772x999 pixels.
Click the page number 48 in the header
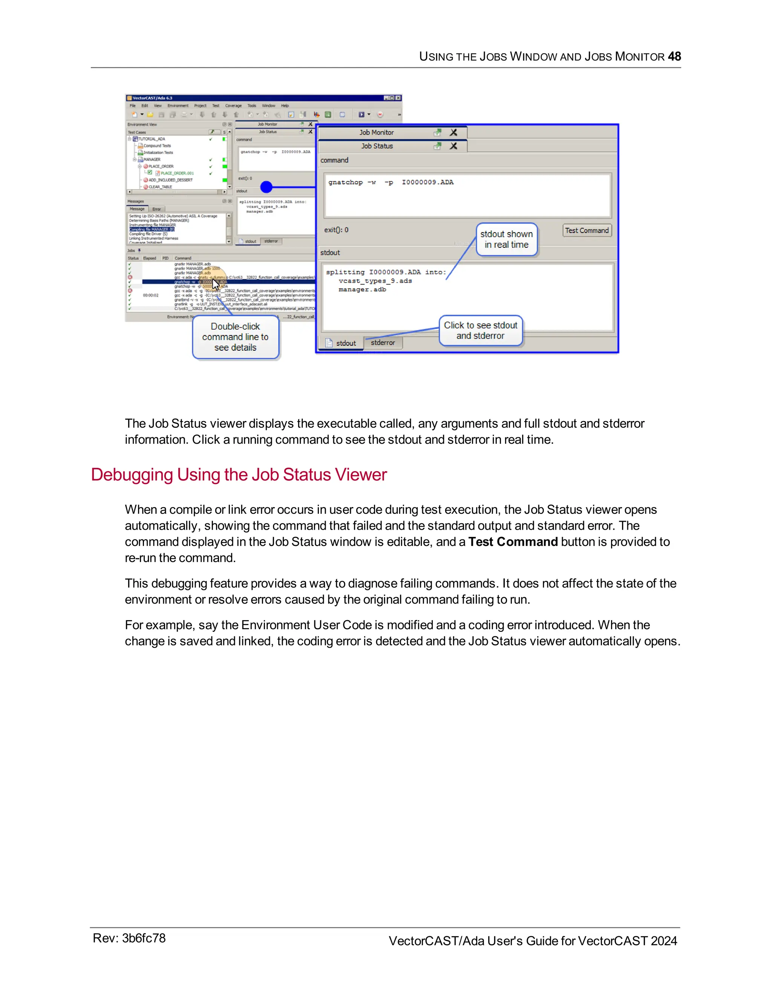674,56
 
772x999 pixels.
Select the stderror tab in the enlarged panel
383,343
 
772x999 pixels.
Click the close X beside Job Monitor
453,132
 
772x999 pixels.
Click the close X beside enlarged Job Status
453,146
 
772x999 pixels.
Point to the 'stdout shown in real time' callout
506,239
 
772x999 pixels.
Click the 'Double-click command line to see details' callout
235,337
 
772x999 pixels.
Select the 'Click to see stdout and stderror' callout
480,330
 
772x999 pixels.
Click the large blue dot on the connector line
266,187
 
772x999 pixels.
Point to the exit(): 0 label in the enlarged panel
336,230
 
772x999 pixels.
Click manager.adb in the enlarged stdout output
362,290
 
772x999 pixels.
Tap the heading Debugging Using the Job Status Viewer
239,475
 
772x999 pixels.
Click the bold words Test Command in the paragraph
513,542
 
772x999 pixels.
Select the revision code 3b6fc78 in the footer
144,938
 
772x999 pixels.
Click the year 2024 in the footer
663,941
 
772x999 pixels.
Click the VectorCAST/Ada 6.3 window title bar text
152,98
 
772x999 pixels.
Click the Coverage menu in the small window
233,106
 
